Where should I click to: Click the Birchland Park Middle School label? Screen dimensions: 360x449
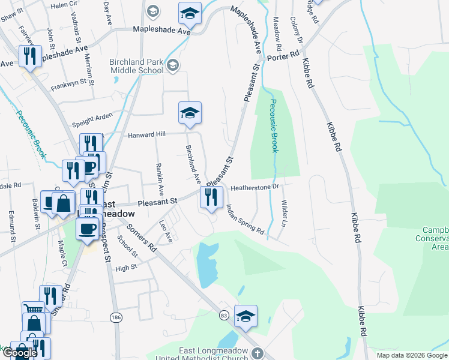(x=136, y=66)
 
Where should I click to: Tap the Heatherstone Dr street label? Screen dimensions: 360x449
(x=256, y=187)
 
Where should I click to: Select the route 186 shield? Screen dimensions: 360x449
(x=115, y=316)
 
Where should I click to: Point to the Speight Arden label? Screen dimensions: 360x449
(x=92, y=121)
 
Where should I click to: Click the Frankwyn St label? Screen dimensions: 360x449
(x=68, y=83)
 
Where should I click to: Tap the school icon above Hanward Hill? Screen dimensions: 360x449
(x=190, y=113)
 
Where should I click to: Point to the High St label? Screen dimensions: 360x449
(x=126, y=268)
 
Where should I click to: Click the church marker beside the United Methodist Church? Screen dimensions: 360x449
(x=258, y=354)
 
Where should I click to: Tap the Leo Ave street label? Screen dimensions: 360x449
(x=166, y=232)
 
